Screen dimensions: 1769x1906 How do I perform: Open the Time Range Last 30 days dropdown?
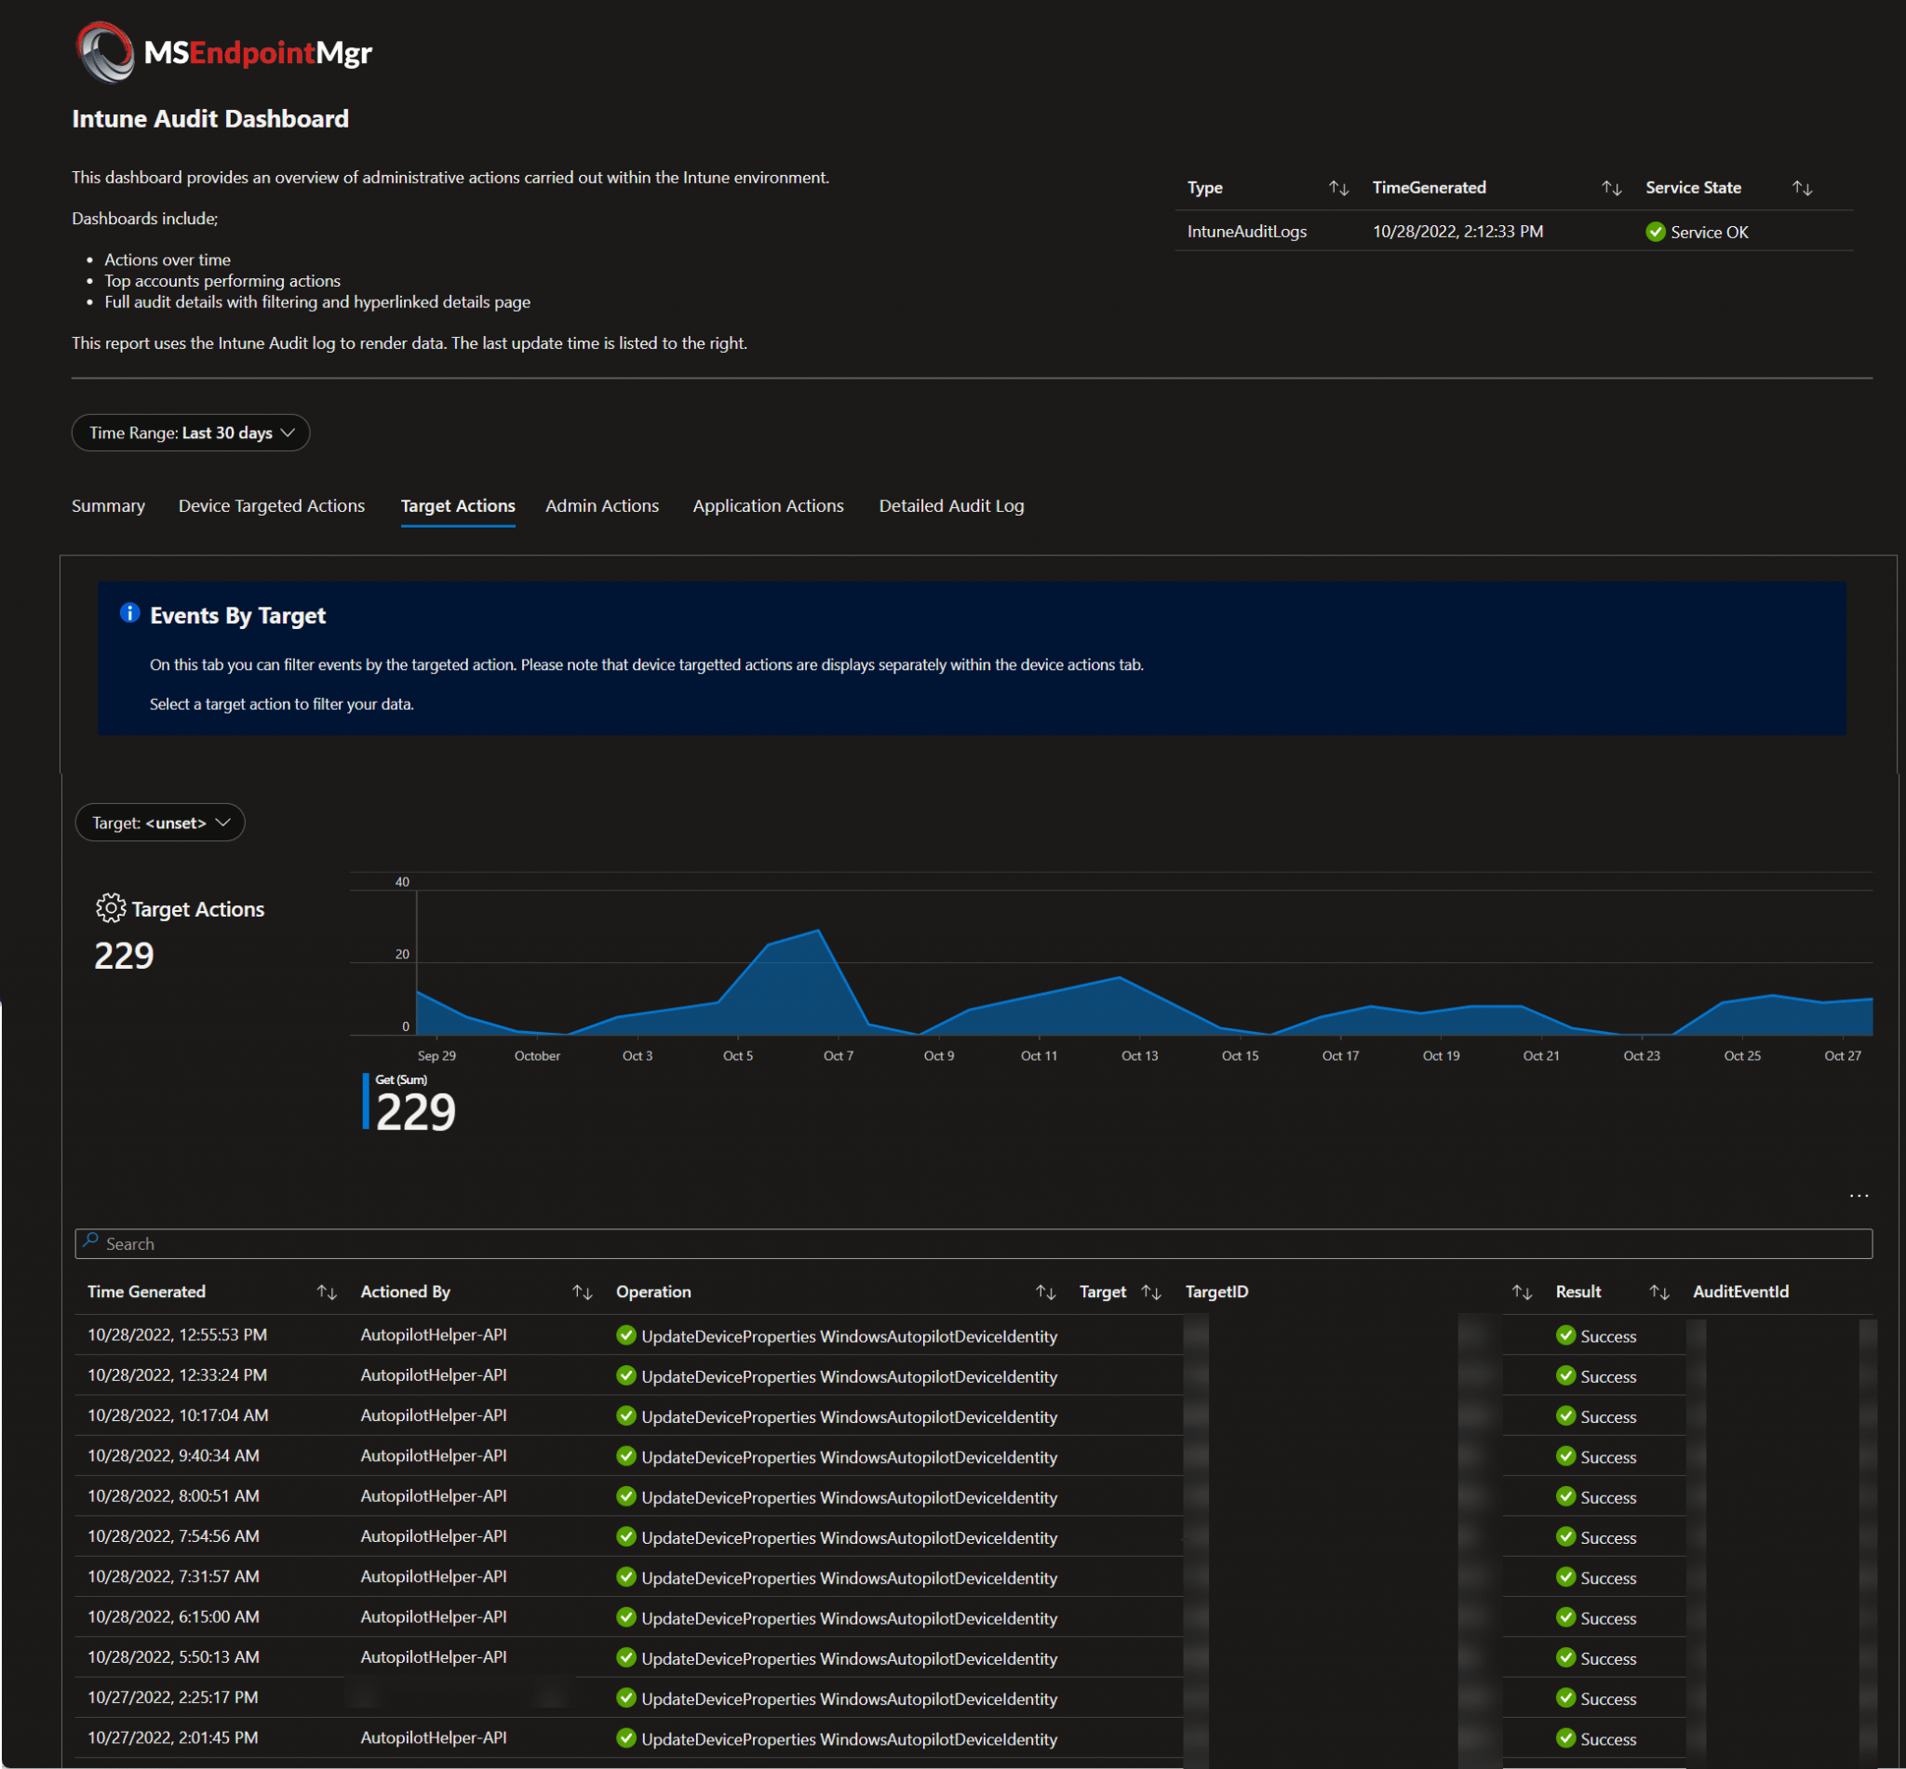[191, 433]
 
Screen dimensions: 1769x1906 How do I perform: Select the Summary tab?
[108, 505]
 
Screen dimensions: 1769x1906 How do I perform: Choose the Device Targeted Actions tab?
[271, 505]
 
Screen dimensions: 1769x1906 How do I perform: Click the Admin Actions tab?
[601, 505]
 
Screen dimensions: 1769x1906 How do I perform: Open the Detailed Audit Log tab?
[950, 505]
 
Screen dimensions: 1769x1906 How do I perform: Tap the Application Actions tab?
[768, 505]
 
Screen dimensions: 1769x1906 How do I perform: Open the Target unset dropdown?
[160, 823]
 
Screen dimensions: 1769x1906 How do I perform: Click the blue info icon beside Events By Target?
[129, 613]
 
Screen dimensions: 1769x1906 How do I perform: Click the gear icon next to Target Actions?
[111, 907]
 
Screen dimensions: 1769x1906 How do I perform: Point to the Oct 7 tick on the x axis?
[838, 1055]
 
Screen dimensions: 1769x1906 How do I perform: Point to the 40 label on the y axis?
[402, 881]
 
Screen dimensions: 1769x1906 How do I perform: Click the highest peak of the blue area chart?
[817, 931]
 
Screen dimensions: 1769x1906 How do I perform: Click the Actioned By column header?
[405, 1292]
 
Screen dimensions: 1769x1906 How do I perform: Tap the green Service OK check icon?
[1655, 232]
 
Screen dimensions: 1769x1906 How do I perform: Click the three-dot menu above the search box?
[1859, 1196]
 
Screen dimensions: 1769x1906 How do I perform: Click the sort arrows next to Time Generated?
[327, 1293]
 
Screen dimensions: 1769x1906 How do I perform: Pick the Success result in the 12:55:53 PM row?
[1607, 1336]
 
